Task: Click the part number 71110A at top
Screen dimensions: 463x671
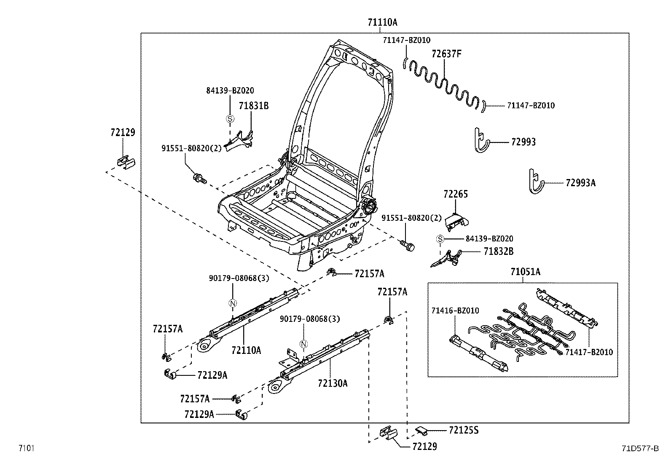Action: point(382,22)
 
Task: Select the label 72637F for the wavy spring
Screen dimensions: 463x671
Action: point(446,54)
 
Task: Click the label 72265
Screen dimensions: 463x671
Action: point(455,194)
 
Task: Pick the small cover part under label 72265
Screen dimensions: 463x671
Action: point(457,221)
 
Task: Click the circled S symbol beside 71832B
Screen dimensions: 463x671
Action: point(440,239)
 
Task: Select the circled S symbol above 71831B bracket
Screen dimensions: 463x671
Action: point(230,119)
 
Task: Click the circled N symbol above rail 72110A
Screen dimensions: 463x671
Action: point(233,302)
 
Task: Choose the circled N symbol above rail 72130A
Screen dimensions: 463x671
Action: point(303,344)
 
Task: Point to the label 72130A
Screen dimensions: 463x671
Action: point(333,383)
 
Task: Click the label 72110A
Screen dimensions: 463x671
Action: point(246,350)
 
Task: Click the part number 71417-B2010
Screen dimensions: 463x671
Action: point(589,352)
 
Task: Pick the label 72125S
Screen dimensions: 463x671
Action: point(464,430)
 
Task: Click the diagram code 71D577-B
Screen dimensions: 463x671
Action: point(640,448)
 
